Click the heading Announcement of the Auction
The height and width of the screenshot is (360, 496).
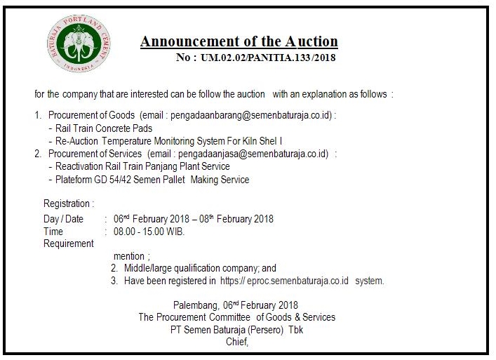point(239,41)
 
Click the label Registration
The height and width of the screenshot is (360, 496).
point(68,204)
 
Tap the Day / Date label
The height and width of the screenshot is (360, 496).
point(63,219)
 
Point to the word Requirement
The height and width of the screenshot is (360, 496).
point(68,244)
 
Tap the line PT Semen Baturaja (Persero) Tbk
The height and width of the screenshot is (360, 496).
point(236,330)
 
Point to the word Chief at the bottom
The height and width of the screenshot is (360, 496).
point(236,342)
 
